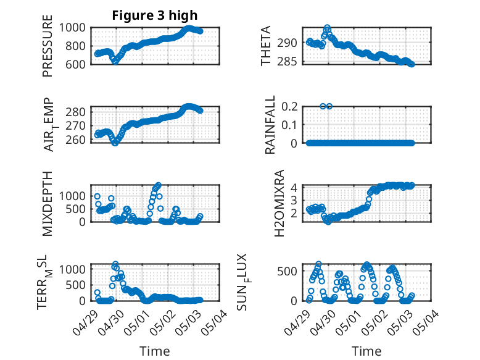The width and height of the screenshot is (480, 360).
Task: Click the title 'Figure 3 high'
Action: click(155, 15)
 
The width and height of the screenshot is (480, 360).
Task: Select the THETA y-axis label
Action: click(266, 46)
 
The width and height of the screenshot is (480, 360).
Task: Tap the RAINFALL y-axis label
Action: click(269, 125)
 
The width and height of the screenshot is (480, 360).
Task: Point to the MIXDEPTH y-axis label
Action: click(48, 204)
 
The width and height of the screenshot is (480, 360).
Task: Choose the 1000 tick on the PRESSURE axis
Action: click(77, 27)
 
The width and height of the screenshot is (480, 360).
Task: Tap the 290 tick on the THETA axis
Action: click(289, 43)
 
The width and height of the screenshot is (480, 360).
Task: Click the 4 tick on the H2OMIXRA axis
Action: click(295, 187)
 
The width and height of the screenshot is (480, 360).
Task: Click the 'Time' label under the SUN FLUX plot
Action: click(366, 351)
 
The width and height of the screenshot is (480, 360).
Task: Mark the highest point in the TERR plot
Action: click(115, 264)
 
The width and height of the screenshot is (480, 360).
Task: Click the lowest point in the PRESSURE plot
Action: click(115, 61)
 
